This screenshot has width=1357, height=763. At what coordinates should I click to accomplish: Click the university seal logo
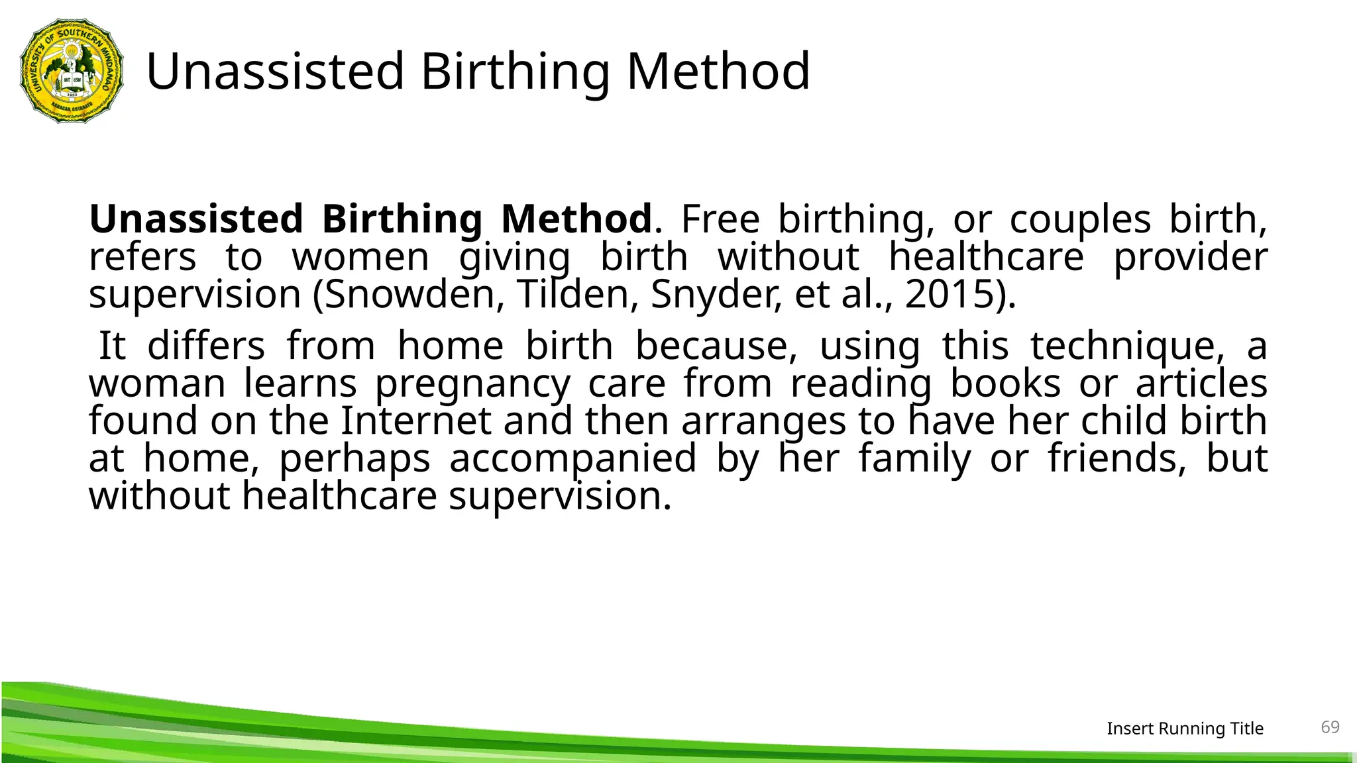click(x=72, y=71)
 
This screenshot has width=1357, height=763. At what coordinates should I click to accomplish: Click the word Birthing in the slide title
click(x=515, y=71)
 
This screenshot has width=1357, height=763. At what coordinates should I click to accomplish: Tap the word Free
click(x=720, y=219)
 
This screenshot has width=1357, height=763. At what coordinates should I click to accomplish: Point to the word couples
click(x=1080, y=220)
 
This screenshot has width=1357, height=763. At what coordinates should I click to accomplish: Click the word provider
click(x=1190, y=258)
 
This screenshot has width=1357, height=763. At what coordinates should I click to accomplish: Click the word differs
click(x=206, y=346)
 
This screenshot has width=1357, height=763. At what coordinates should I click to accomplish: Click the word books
click(x=1005, y=383)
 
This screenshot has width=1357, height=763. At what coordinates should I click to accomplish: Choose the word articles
click(x=1201, y=383)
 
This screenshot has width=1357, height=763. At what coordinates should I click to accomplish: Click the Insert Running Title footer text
click(x=1185, y=729)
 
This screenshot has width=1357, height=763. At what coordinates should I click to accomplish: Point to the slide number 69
click(x=1330, y=727)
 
